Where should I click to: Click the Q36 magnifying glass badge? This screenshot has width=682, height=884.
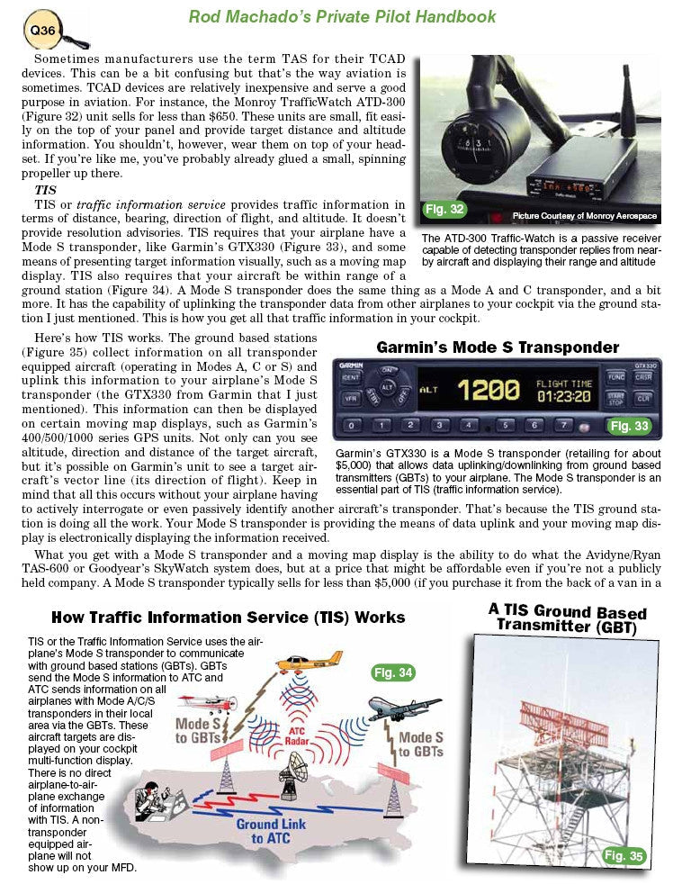(38, 31)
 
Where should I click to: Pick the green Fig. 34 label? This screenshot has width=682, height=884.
(392, 672)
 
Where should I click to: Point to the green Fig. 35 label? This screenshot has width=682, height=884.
(624, 855)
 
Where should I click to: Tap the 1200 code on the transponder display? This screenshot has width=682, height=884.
(488, 390)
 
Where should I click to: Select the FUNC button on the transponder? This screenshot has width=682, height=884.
(615, 376)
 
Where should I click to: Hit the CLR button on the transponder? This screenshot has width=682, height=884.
(644, 397)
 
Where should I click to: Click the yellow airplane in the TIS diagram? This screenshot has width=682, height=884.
(311, 664)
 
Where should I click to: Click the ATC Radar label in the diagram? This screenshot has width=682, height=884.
(303, 735)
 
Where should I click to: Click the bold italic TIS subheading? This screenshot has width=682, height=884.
(45, 191)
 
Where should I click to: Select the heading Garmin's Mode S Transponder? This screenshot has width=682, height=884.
(498, 347)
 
